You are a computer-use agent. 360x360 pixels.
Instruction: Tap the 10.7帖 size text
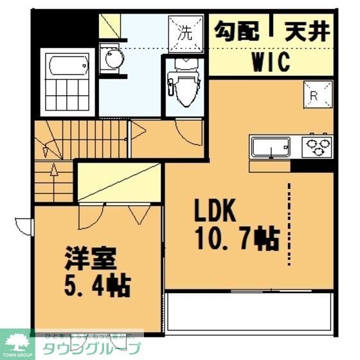237,239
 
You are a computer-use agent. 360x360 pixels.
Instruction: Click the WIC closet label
270,62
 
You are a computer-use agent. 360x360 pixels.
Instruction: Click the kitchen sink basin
269,147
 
